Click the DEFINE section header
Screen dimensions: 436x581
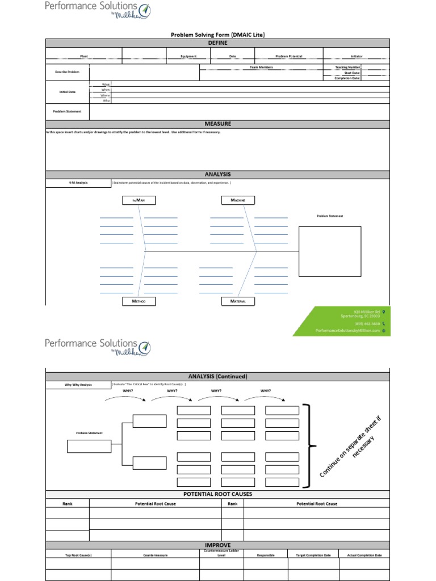pyautogui.click(x=217, y=43)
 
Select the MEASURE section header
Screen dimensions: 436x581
pyautogui.click(x=217, y=124)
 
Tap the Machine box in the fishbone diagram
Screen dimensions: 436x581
pyautogui.click(x=238, y=200)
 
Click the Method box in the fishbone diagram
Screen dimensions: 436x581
pyautogui.click(x=139, y=301)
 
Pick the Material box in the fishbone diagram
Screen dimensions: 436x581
pyautogui.click(x=238, y=301)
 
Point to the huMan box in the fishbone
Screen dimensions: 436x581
pyautogui.click(x=139, y=200)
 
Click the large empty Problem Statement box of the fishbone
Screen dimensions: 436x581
pyautogui.click(x=330, y=251)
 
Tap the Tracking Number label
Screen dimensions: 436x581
pyautogui.click(x=348, y=68)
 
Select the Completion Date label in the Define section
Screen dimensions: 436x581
pyautogui.click(x=347, y=78)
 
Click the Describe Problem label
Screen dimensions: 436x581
pyautogui.click(x=68, y=72)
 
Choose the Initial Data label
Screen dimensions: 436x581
pyautogui.click(x=68, y=92)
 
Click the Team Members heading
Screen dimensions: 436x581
pyautogui.click(x=261, y=68)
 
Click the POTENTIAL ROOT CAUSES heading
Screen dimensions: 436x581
pyautogui.click(x=217, y=494)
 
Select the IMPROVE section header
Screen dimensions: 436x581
pyautogui.click(x=217, y=545)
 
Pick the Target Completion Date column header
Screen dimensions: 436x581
pyautogui.click(x=313, y=555)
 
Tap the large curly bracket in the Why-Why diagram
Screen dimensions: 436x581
pyautogui.click(x=308, y=446)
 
